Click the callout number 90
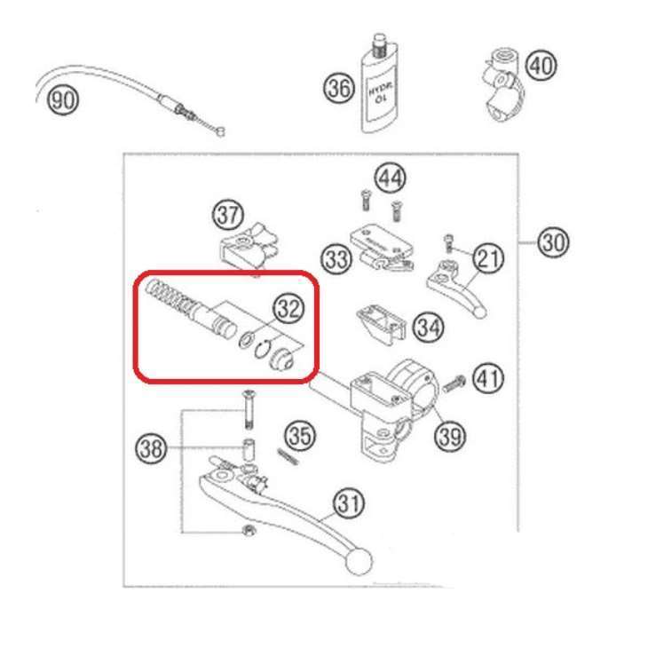click(x=62, y=99)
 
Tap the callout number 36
click(x=338, y=88)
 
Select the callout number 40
click(x=541, y=65)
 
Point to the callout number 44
click(x=389, y=178)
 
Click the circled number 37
click(x=227, y=215)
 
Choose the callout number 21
click(x=487, y=258)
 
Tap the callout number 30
click(x=553, y=241)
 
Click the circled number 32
click(x=288, y=308)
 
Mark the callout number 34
click(x=428, y=328)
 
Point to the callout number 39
click(x=450, y=436)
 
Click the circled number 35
click(x=299, y=436)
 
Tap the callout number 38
click(x=152, y=449)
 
